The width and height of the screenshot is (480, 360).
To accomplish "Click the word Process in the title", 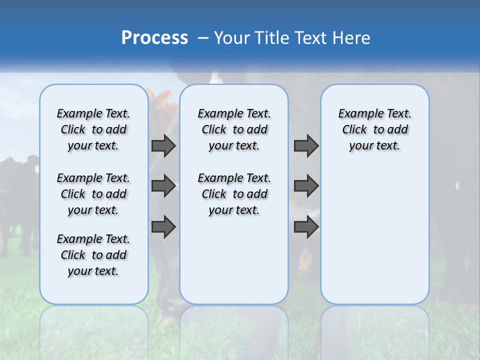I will click(x=154, y=37).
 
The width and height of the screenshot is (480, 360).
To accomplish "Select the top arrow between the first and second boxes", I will click(x=163, y=145).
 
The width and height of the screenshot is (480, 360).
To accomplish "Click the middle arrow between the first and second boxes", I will click(x=163, y=186).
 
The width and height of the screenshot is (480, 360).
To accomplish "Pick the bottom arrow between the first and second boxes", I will click(x=163, y=227).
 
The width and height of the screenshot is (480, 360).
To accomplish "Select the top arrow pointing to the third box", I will click(x=306, y=145).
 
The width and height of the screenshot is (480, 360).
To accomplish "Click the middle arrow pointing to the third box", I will click(x=306, y=186).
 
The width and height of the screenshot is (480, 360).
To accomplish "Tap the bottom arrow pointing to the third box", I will click(x=306, y=227).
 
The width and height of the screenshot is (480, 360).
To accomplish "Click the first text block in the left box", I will click(x=93, y=129).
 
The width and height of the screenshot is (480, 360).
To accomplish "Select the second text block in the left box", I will click(x=93, y=194).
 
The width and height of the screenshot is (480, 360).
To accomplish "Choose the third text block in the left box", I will click(x=93, y=255).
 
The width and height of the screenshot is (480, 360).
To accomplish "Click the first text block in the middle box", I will click(x=234, y=129).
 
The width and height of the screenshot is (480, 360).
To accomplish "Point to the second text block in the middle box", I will click(x=234, y=194).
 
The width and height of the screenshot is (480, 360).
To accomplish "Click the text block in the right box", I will click(x=374, y=129).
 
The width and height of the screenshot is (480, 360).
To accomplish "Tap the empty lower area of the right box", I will click(x=374, y=240).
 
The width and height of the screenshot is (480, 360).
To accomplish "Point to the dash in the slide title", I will click(x=203, y=38).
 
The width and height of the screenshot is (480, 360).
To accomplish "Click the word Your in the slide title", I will click(x=231, y=38).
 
